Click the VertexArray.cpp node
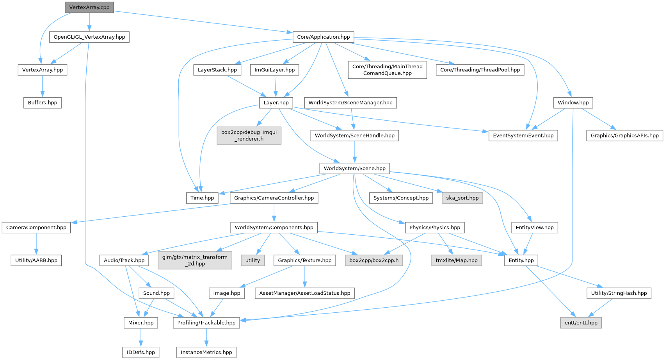tap(89, 7)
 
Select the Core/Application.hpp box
tap(323, 37)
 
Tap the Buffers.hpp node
tap(43, 103)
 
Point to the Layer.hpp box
tap(276, 103)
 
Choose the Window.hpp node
tap(573, 103)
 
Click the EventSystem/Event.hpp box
tap(523, 135)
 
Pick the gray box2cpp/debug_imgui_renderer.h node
tap(249, 135)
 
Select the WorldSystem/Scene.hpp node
tap(354, 168)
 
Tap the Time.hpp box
tap(202, 198)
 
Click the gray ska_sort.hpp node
tap(462, 198)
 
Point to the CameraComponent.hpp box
tap(36, 228)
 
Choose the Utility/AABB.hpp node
tap(36, 260)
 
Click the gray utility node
tap(252, 260)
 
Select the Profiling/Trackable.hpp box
tap(206, 323)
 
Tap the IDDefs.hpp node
tap(141, 352)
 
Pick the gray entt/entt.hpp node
tap(581, 323)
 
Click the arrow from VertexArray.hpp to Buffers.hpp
tap(43, 86)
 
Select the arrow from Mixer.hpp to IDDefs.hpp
tap(141, 337)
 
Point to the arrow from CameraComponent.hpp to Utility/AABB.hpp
tap(36, 244)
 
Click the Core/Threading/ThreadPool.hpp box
tap(480, 70)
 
